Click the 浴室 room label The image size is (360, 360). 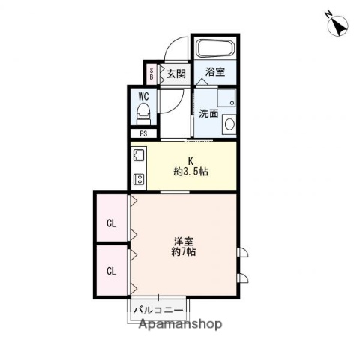[x=215, y=73]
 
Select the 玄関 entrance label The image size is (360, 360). [x=175, y=73]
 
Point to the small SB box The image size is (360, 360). [x=151, y=73]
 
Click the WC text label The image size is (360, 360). [x=143, y=96]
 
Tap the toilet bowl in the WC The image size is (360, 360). [x=143, y=115]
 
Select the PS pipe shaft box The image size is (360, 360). [x=143, y=134]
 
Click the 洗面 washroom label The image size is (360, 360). [x=208, y=114]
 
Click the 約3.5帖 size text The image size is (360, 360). [x=190, y=171]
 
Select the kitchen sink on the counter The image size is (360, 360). [x=139, y=157]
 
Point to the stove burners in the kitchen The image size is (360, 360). [x=139, y=178]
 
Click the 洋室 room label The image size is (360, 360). [x=184, y=241]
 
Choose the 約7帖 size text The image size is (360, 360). [x=184, y=253]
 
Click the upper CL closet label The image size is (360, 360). [x=111, y=223]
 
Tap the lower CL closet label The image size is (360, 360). [x=111, y=271]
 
